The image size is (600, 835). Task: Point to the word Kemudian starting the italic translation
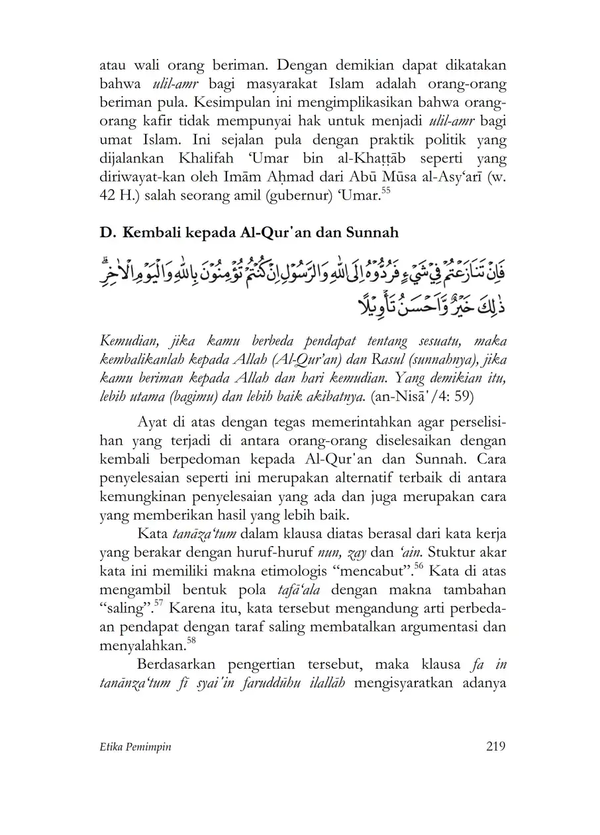click(x=129, y=342)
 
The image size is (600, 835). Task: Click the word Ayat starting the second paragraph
click(x=153, y=422)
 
